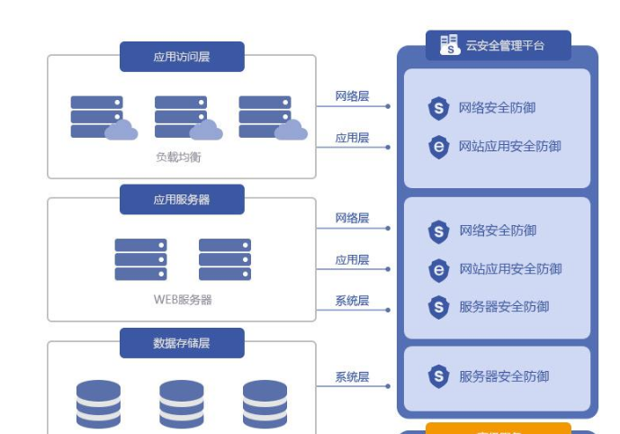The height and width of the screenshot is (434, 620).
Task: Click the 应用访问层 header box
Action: tap(182, 57)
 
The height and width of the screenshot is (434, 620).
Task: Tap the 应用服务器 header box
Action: tap(182, 199)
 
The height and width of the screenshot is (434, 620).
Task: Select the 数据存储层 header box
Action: tap(182, 342)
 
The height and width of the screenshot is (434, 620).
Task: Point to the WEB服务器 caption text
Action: tap(182, 299)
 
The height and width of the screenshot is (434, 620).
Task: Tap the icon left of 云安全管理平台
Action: tap(449, 45)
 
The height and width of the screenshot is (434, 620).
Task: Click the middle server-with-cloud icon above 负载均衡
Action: tap(185, 118)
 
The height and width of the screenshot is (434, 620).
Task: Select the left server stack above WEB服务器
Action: tap(140, 259)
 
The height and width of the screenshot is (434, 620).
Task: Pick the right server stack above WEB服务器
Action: tap(224, 259)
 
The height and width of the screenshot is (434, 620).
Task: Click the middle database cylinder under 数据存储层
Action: tap(182, 403)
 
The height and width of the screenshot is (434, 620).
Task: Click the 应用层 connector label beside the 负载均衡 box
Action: tap(352, 138)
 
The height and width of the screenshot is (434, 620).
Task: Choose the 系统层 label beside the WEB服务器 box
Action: tap(352, 301)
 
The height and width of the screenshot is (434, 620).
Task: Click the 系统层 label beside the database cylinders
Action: tap(352, 377)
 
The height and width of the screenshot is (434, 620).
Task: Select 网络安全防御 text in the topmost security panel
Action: tap(497, 108)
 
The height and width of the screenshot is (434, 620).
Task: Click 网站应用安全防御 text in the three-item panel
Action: tap(509, 268)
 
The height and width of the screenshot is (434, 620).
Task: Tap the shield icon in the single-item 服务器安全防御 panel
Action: tap(438, 376)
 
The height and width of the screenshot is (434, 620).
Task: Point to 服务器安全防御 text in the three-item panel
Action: tap(504, 306)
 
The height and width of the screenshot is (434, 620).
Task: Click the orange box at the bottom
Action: tap(498, 429)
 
